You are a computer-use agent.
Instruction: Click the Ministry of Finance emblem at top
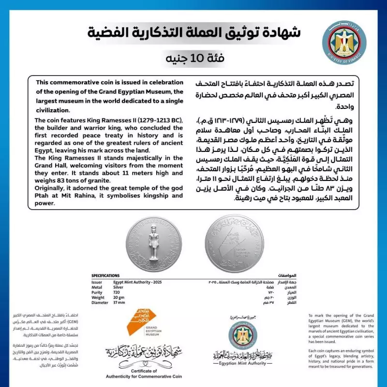pyautogui.click(x=344, y=43)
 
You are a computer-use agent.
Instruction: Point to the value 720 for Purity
pyautogui.click(x=118, y=292)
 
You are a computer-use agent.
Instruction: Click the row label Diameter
pyautogui.click(x=99, y=303)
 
